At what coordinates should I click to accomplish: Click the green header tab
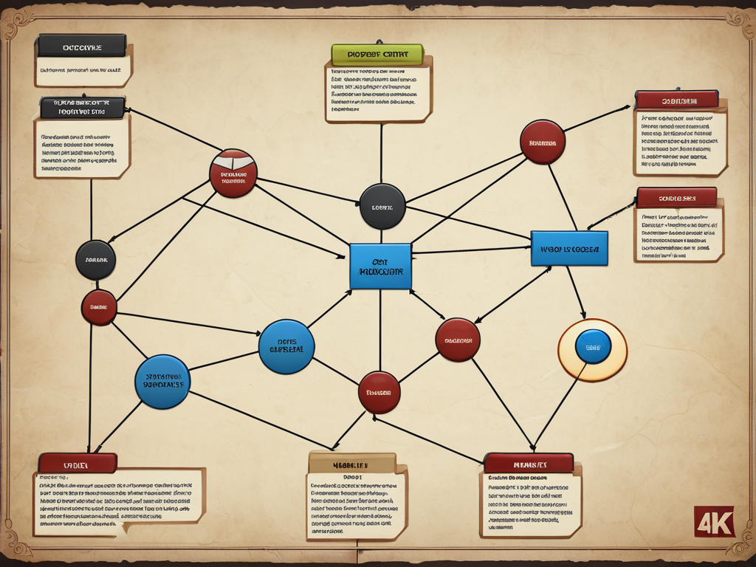[x=377, y=54]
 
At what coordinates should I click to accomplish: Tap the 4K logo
[x=713, y=521]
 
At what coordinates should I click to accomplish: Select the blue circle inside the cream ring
[x=592, y=347]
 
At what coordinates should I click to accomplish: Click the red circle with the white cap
[x=233, y=173]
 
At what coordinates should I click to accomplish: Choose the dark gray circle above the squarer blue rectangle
[x=382, y=207]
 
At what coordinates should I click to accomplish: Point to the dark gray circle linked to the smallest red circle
[x=95, y=260]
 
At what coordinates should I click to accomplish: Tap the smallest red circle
[x=99, y=307]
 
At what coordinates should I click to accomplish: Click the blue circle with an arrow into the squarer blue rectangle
[x=286, y=347]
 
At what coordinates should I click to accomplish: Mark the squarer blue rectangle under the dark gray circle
[x=380, y=267]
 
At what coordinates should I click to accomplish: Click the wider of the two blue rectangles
[x=569, y=248]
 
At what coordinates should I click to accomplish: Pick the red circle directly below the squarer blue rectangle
[x=379, y=392]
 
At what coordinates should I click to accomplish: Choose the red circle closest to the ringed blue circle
[x=458, y=340]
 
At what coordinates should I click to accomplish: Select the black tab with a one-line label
[x=81, y=46]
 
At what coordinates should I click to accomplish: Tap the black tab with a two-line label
[x=82, y=108]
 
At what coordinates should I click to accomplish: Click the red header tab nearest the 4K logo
[x=529, y=464]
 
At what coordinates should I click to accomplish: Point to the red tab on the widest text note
[x=78, y=464]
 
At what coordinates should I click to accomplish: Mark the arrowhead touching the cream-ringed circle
[x=583, y=315]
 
